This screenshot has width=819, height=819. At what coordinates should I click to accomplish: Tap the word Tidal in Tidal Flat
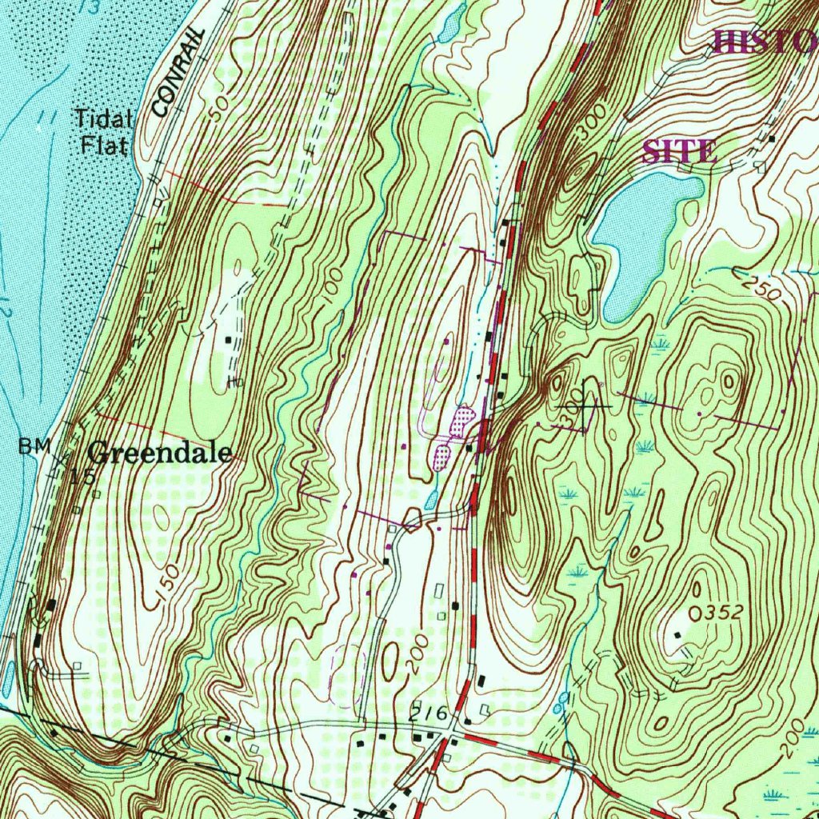pos(102,119)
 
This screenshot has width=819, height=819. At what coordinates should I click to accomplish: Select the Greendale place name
pos(160,453)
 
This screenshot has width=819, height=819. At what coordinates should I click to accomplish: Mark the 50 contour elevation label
pos(217,108)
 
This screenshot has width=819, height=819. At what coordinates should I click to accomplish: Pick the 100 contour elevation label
pos(333,284)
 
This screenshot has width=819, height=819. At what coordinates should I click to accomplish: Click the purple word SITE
pos(680,151)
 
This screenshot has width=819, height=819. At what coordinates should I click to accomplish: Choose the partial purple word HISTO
pos(764,42)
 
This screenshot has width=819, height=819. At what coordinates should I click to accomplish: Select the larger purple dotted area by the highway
pos(462,419)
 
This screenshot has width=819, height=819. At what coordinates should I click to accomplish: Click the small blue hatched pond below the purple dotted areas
pos(431,500)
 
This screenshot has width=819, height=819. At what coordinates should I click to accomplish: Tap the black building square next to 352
pos(677,634)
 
